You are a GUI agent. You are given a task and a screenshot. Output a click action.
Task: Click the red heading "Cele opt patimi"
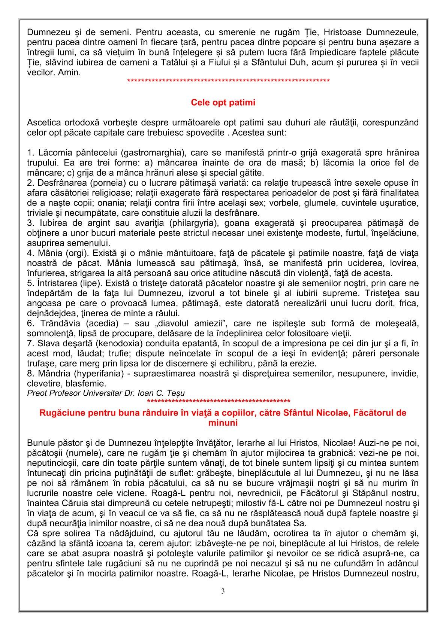click(x=223, y=102)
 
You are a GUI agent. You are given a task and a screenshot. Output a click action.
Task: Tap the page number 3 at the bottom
click(x=223, y=591)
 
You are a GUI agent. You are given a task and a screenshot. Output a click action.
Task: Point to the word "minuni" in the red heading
click(x=223, y=423)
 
